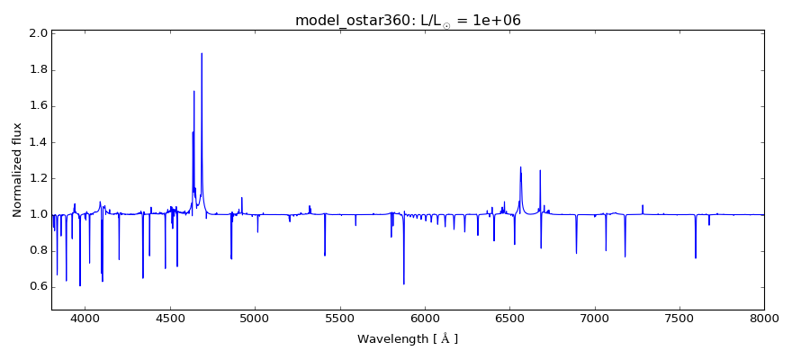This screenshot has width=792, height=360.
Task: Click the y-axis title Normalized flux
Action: (18, 169)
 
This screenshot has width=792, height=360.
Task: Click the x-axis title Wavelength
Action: (408, 339)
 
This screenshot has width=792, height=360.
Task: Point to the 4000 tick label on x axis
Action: (85, 318)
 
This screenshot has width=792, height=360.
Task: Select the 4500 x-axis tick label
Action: (170, 318)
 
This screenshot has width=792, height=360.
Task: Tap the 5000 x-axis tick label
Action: (255, 318)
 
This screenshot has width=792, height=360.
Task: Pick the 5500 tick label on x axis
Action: (339, 318)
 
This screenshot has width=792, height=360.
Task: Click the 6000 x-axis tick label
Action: (424, 318)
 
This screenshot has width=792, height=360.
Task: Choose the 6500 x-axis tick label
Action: (509, 318)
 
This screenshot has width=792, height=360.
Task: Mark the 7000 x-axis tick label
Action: (594, 318)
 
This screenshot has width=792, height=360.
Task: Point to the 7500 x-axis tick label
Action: (679, 318)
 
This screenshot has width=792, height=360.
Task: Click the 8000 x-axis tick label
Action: (763, 318)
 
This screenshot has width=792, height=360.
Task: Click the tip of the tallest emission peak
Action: (202, 53)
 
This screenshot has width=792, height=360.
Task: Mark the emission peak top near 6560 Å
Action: (520, 167)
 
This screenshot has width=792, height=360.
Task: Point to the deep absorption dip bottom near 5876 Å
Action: (404, 283)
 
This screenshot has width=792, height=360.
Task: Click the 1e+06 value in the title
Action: (493, 21)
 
